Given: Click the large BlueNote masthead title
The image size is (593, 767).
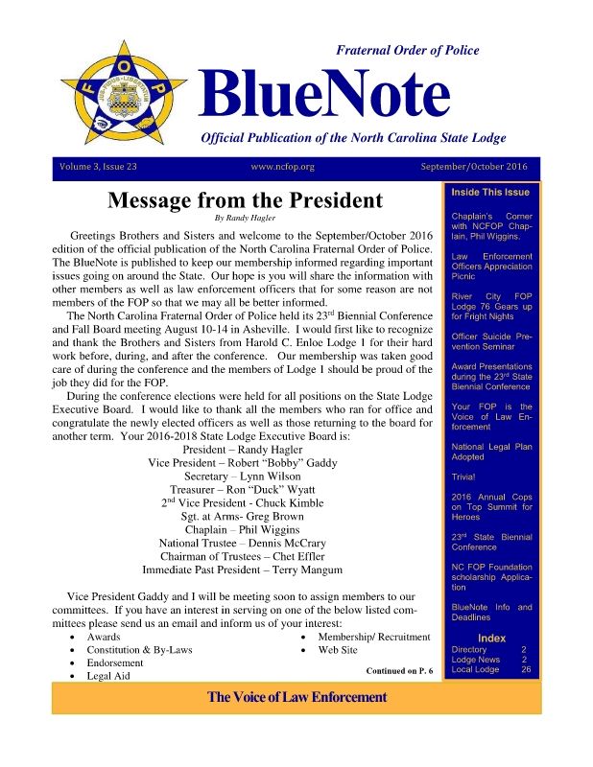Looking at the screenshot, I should (324, 93).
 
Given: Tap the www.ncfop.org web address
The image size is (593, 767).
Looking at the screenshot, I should (282, 167).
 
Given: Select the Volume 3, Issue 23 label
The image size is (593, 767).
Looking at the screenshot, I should (99, 167).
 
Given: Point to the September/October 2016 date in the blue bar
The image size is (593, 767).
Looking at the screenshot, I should (474, 167).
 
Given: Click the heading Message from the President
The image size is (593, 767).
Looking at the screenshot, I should (245, 201).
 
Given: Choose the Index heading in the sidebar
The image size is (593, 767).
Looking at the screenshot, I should (491, 639).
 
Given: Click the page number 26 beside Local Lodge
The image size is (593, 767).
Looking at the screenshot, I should (525, 669).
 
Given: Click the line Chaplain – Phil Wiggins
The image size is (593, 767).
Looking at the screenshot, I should (242, 529).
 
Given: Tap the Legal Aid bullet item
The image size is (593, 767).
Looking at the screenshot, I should (108, 676).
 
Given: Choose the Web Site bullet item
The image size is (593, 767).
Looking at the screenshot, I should (337, 650).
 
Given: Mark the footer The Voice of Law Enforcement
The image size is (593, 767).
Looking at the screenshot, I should (296, 697).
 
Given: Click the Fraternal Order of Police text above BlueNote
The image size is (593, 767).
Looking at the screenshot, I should (408, 50).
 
